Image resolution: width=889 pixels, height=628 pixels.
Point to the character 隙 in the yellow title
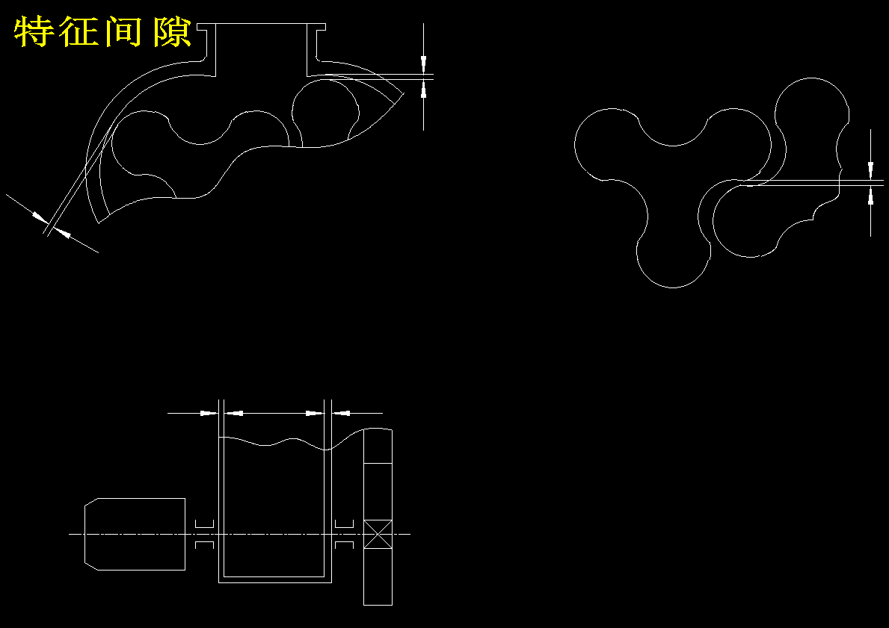172,32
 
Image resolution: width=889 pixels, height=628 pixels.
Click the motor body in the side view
135,534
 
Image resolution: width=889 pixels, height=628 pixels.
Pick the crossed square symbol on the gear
378,534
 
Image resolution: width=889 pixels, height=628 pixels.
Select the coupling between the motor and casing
204,534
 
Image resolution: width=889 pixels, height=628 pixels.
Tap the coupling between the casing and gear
344,534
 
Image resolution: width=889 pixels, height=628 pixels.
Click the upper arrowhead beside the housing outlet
423,62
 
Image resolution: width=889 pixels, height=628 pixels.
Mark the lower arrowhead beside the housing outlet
423,89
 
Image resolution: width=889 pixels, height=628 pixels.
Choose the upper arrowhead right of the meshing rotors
871,168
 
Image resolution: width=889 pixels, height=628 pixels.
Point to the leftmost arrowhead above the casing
209,414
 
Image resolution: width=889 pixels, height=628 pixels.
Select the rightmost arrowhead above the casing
341,414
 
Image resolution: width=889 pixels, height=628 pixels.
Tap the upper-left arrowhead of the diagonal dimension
40,217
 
